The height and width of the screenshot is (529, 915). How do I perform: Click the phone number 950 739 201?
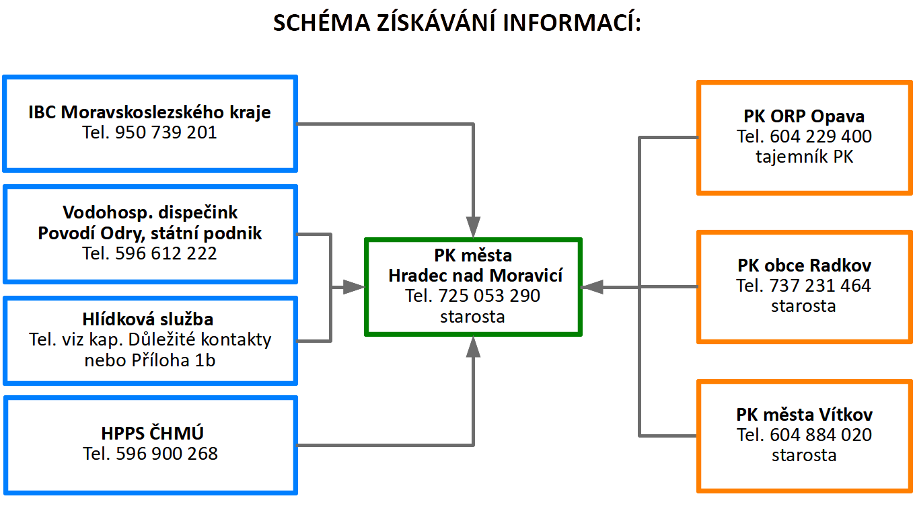click(x=166, y=132)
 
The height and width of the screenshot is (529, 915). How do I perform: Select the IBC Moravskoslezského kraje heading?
click(x=149, y=112)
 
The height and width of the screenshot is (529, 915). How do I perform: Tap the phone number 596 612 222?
click(x=166, y=253)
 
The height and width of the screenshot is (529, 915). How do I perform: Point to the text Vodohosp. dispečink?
click(x=150, y=213)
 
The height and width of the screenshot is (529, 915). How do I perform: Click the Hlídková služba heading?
click(x=150, y=319)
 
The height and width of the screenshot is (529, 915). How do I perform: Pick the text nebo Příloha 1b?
click(x=150, y=360)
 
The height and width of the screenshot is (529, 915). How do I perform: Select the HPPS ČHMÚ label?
click(x=150, y=434)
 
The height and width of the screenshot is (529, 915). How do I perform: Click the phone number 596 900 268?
click(x=166, y=454)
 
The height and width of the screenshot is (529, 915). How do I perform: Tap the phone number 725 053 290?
click(x=489, y=296)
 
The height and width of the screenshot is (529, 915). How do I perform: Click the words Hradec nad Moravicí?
click(x=475, y=276)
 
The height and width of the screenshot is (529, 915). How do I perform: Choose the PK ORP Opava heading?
click(x=804, y=116)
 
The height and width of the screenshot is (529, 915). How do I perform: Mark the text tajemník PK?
click(x=804, y=157)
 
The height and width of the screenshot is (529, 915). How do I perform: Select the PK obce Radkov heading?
click(x=804, y=266)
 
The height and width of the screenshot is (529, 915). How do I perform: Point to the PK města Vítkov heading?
click(x=804, y=415)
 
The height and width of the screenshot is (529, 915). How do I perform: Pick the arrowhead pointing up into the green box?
click(x=474, y=346)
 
